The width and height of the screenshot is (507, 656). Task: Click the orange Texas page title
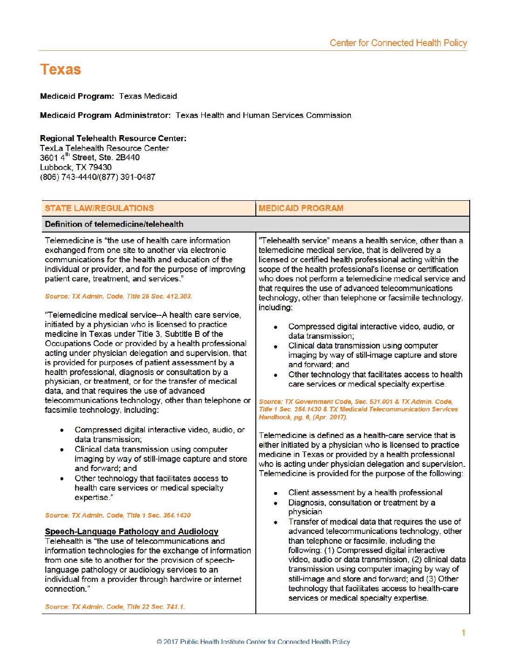[61, 70]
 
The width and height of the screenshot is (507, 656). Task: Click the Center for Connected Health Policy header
[398, 43]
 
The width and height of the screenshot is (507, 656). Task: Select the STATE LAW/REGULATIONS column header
[99, 208]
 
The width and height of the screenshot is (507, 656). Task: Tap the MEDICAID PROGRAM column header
[301, 208]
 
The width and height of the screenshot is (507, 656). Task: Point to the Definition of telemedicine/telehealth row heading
[114, 224]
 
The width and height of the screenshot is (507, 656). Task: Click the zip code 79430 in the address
[100, 167]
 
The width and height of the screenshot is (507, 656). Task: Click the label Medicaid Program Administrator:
[105, 115]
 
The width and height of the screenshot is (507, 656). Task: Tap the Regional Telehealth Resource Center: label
[113, 138]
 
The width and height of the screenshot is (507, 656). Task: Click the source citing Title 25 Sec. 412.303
[118, 296]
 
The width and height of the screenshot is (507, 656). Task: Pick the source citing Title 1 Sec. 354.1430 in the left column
[118, 515]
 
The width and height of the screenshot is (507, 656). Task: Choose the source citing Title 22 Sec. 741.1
[115, 607]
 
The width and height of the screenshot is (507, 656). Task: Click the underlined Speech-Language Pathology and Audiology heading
[131, 532]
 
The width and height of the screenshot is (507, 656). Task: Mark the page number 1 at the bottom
[463, 632]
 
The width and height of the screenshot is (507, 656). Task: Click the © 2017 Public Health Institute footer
[253, 642]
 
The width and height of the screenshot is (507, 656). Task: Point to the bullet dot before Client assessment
[276, 493]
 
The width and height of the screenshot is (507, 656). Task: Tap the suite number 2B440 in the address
[128, 157]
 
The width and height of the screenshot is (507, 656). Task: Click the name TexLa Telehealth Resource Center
[104, 148]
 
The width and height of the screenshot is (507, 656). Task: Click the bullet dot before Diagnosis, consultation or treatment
[276, 503]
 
